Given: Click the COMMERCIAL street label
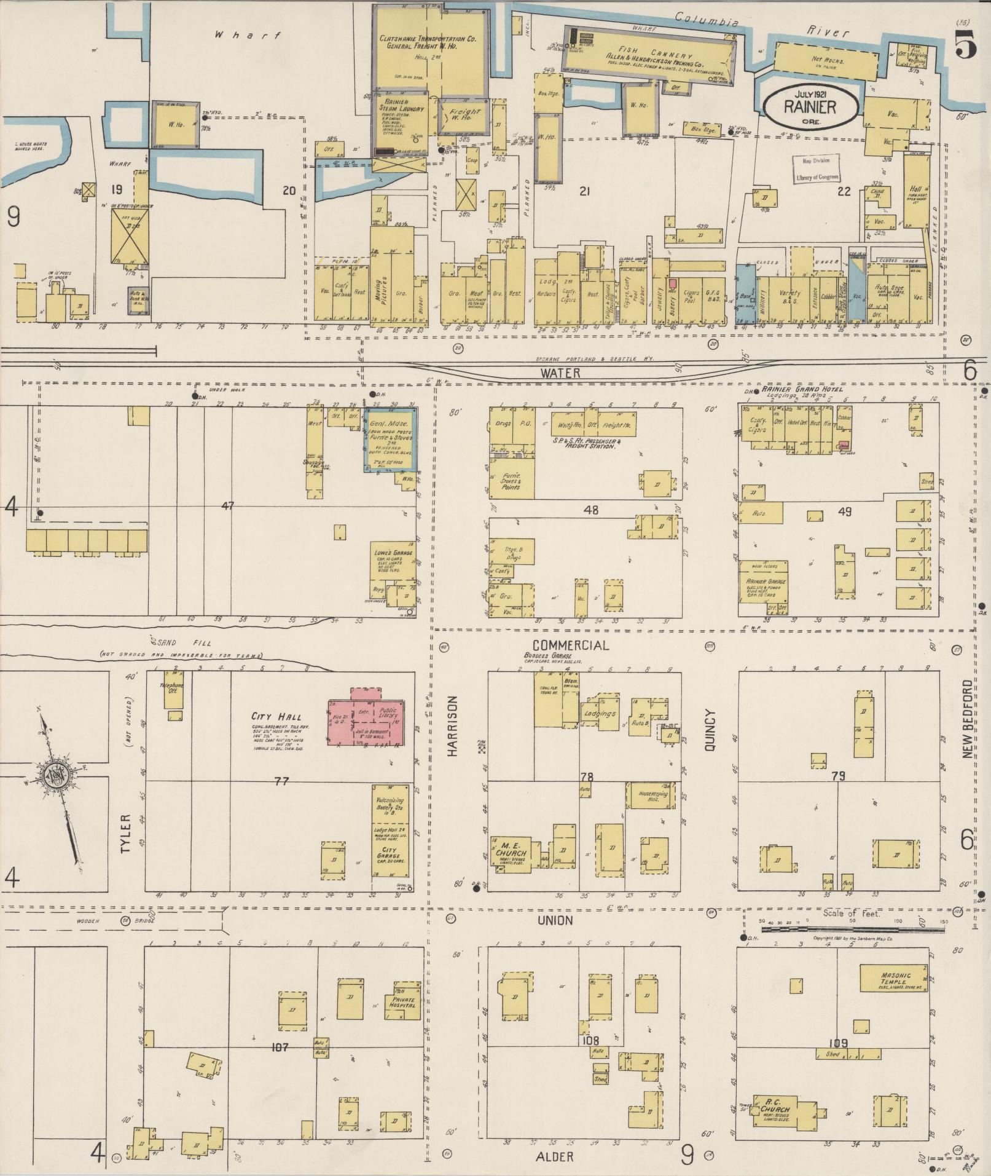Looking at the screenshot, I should tap(571, 645).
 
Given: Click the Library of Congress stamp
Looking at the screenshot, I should tap(816, 169).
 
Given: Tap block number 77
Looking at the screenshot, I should tap(281, 781).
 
